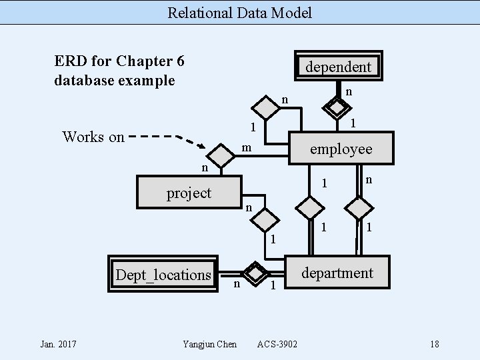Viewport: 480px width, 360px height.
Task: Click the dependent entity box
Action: point(338,66)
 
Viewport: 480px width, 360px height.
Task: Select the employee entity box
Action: point(341,148)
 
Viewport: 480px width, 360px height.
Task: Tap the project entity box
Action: point(189,193)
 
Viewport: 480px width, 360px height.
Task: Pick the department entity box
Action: point(337,272)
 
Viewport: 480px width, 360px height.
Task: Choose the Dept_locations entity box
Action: point(163,274)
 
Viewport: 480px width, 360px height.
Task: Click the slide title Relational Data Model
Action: point(239,12)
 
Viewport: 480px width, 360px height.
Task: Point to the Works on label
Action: point(93,137)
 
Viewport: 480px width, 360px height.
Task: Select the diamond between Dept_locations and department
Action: point(254,272)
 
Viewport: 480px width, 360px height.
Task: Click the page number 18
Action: point(435,344)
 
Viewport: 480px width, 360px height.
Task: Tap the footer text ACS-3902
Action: point(277,344)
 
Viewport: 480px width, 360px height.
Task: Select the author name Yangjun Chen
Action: point(209,344)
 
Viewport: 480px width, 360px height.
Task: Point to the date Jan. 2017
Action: point(58,344)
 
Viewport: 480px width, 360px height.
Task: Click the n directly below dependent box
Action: point(349,91)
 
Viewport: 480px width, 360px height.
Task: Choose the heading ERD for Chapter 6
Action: point(119,61)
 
